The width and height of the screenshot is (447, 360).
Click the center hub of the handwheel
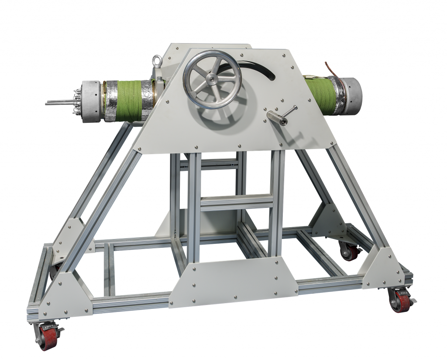click(x=212, y=79)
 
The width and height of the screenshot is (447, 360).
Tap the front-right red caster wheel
click(x=401, y=301)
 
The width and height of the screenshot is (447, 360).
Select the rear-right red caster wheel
click(x=350, y=252)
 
